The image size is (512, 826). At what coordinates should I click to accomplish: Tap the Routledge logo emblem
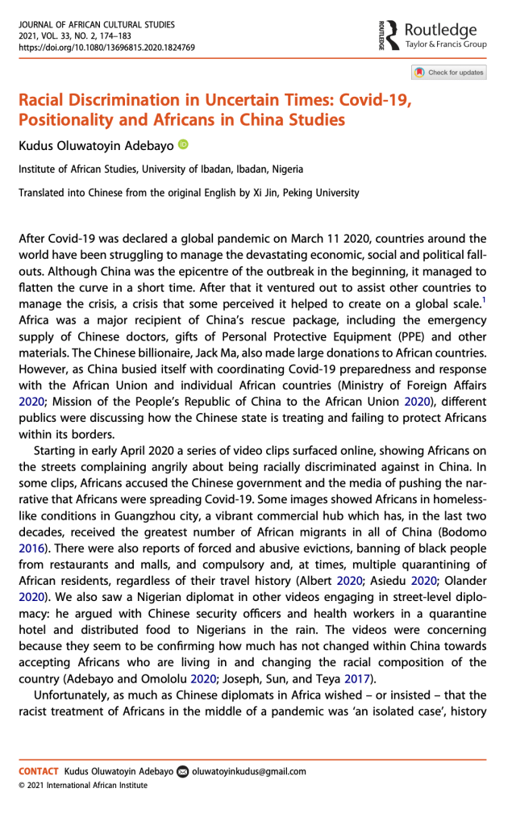point(391,35)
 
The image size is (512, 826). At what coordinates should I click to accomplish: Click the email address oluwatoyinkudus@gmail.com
point(249,771)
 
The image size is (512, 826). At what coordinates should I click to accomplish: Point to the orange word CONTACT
point(40,771)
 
